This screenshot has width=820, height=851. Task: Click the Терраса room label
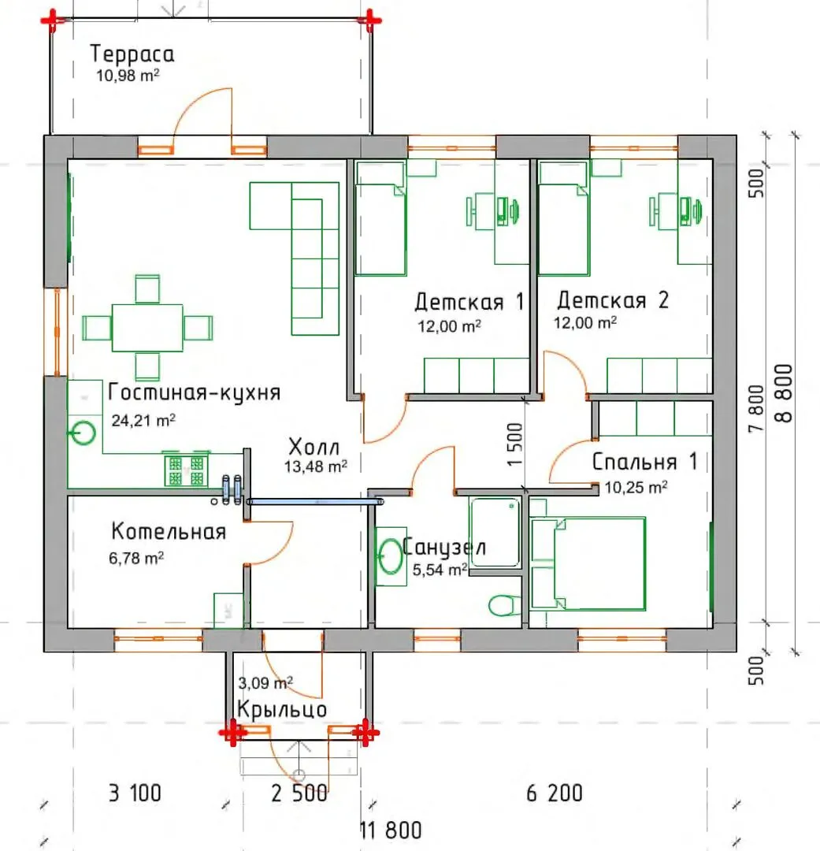132,54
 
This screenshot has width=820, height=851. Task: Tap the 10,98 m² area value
128,75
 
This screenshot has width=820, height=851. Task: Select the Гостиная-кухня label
195,392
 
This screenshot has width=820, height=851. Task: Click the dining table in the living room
147,328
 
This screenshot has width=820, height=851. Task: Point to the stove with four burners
186,470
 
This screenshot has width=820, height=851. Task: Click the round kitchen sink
83,433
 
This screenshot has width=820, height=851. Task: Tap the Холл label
314,447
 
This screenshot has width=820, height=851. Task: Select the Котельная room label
169,531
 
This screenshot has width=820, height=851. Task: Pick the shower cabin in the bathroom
495,533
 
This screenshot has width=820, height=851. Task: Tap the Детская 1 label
469,301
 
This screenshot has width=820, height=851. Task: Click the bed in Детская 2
564,219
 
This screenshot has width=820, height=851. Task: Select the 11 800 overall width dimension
391,830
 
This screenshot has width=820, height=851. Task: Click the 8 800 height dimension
785,393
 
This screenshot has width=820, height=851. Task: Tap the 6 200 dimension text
555,793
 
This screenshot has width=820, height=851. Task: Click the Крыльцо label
282,709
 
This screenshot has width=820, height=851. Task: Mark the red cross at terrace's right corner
369,20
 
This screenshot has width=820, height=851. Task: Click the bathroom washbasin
390,556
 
